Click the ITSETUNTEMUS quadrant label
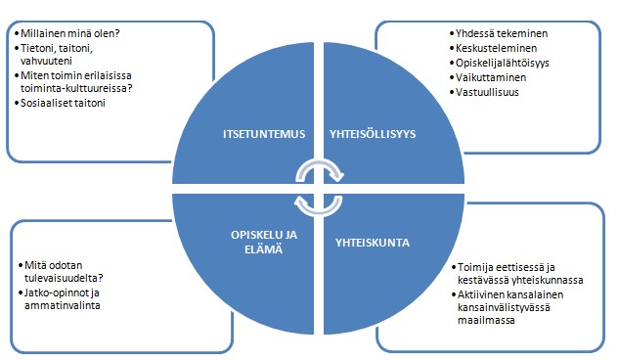264,134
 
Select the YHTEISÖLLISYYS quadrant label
373,134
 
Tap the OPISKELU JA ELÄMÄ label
264,242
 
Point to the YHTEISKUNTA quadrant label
373,243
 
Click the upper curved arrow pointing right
320,163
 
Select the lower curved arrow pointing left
318,212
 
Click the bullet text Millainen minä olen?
69,33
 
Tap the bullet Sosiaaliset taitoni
63,103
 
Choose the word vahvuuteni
46,61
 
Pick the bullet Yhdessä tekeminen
502,33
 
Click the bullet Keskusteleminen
496,48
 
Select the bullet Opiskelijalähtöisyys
503,63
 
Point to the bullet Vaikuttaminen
491,77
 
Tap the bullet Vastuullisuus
487,92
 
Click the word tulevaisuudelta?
64,278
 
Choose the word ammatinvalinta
63,305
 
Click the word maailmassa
486,320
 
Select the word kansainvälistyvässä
504,307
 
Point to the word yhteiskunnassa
548,280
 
